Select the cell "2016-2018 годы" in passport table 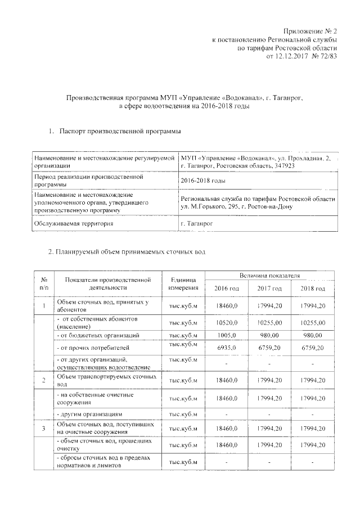click(203, 181)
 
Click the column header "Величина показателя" click(269, 277)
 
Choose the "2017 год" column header click(269, 289)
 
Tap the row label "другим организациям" click(89, 413)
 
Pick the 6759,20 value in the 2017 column click(269, 348)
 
